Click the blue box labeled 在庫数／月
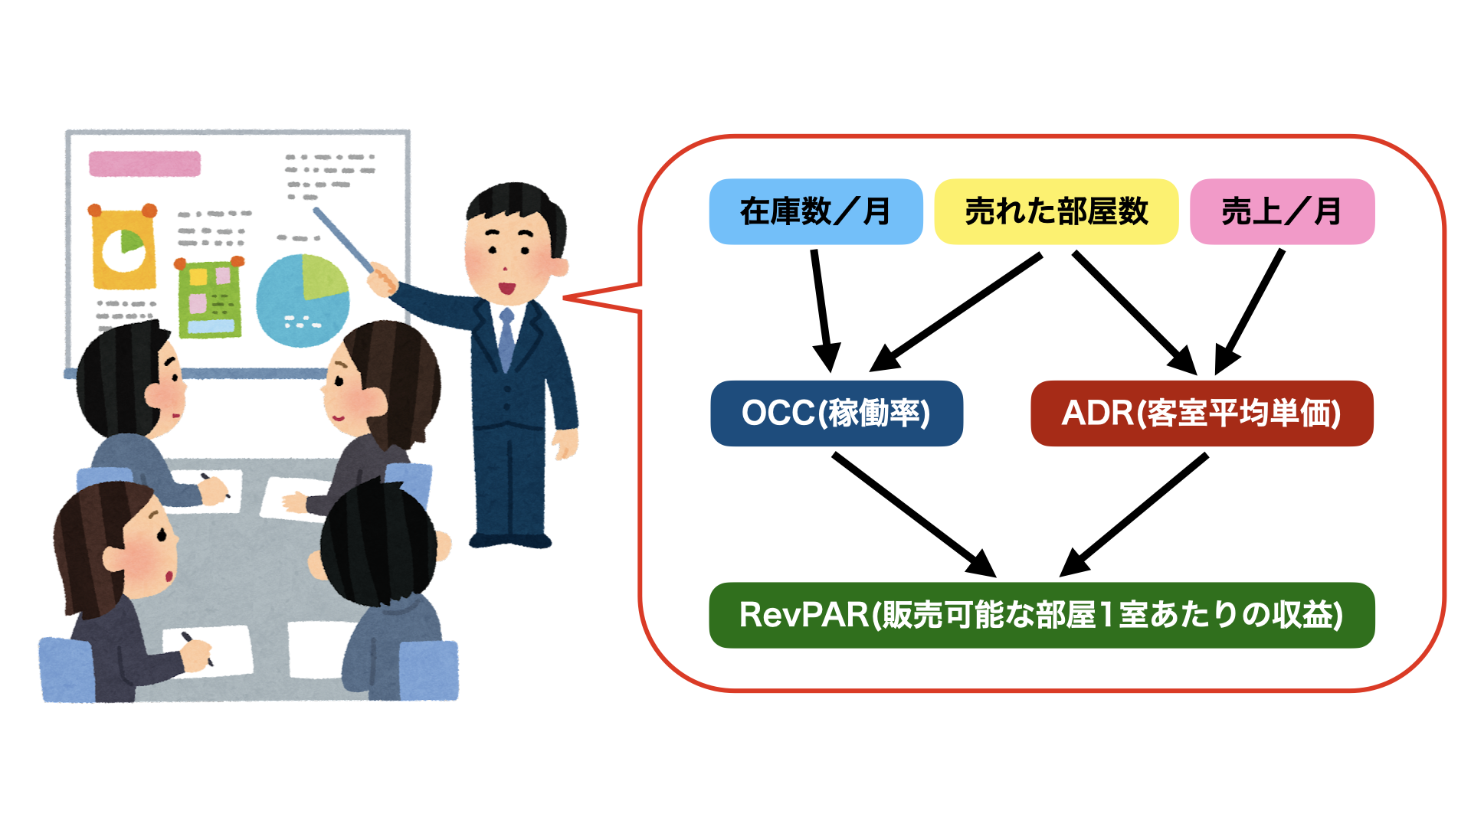[x=816, y=211]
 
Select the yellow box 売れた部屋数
[x=1056, y=211]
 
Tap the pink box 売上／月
[x=1282, y=211]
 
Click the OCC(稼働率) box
[x=836, y=413]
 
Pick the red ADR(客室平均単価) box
[x=1201, y=413]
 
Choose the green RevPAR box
[x=1041, y=615]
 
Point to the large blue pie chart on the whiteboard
[x=302, y=300]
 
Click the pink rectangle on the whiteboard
[x=145, y=164]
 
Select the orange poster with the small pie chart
[x=123, y=249]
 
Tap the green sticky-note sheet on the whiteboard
[x=209, y=299]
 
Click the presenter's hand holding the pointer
[x=381, y=279]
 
